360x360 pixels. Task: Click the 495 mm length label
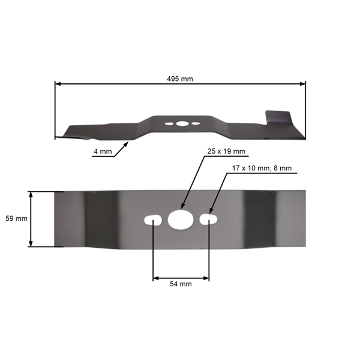click(x=180, y=79)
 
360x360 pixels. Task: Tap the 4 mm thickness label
click(x=102, y=152)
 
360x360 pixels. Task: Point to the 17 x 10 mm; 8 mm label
click(x=262, y=169)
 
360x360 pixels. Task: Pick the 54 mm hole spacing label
click(x=181, y=284)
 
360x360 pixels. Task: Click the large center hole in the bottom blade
click(x=178, y=220)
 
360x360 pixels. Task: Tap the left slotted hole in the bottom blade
click(x=154, y=220)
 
